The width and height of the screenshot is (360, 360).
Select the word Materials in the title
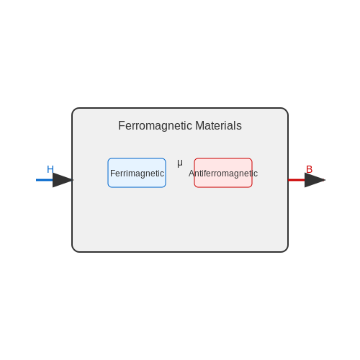point(218,125)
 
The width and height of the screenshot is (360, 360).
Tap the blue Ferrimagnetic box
point(137,173)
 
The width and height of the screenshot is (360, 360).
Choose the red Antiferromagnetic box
point(223,173)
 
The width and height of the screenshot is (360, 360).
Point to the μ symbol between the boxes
point(180,163)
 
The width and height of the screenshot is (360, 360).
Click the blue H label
point(50,169)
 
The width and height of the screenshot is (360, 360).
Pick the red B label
point(309,169)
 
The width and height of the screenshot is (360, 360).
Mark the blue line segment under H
point(45,180)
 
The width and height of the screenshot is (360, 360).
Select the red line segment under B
point(297,180)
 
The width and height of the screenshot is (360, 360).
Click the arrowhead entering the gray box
point(63,180)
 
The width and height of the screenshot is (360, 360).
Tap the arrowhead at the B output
point(315,180)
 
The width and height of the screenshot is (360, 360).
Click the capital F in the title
point(122,125)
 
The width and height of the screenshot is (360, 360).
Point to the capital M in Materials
point(199,125)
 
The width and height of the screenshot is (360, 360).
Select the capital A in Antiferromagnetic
point(192,174)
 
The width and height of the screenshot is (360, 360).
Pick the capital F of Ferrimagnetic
point(112,174)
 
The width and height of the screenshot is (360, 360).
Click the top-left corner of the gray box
point(73,109)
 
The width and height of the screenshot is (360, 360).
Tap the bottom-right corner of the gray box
point(287,251)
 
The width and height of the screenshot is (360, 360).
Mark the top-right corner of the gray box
point(287,109)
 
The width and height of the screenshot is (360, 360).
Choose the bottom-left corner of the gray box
point(73,251)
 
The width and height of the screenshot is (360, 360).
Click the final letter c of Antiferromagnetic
point(256,174)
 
